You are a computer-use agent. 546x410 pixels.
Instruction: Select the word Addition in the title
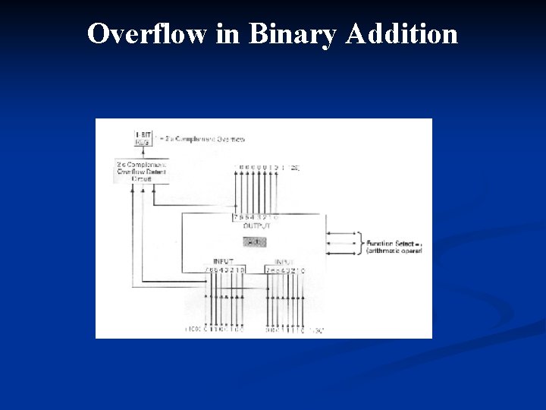pos(401,33)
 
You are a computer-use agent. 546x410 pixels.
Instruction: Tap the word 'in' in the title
pos(227,33)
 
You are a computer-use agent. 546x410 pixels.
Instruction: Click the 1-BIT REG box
pos(143,138)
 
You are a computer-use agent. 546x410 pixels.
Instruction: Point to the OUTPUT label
pos(256,225)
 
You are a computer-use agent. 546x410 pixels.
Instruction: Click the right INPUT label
pos(285,262)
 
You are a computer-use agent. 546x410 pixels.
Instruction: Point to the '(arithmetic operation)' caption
pos(394,250)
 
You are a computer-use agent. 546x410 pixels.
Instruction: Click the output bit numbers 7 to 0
pos(256,218)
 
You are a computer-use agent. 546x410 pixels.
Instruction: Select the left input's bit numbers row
pos(226,270)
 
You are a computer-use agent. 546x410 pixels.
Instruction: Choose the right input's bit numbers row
pos(285,270)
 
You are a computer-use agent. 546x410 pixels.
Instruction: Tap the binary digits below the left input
pos(217,330)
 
